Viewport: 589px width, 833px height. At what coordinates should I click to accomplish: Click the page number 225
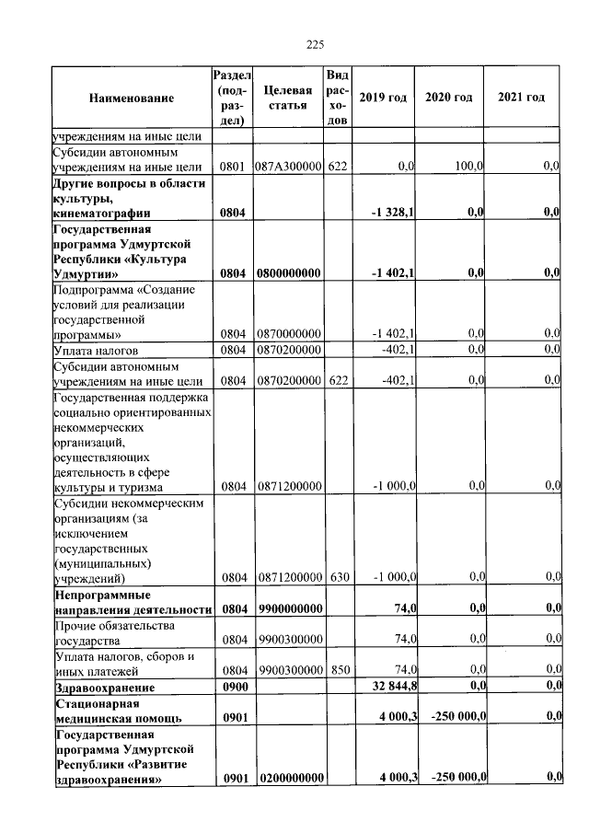pos(316,44)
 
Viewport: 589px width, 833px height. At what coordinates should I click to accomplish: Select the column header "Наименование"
pos(132,98)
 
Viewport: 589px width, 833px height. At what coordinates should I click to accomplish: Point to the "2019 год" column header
pos(383,98)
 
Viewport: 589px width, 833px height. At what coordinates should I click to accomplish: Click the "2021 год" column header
pos(521,98)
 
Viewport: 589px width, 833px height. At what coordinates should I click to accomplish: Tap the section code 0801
pos(232,167)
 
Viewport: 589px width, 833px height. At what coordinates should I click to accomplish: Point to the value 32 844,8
pos(394,686)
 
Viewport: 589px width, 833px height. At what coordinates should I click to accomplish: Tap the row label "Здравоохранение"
pos(105,687)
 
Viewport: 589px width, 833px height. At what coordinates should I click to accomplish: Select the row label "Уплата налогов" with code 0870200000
pos(96,351)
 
